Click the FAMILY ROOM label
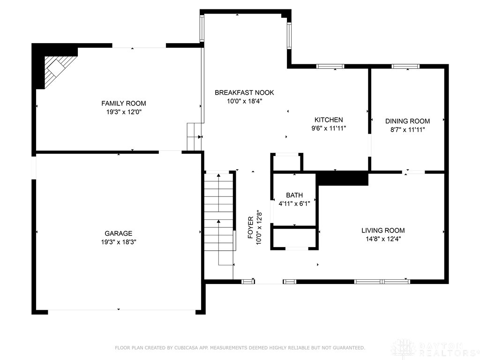124,103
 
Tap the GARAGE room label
118,233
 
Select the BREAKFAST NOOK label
244,92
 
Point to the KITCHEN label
328,120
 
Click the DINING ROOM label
407,120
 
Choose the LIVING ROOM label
382,230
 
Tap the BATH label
294,195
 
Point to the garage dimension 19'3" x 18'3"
118,242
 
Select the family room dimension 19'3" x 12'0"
124,112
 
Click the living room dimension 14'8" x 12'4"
382,239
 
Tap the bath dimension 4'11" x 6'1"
294,203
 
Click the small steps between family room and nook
194,136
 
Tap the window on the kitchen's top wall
330,66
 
